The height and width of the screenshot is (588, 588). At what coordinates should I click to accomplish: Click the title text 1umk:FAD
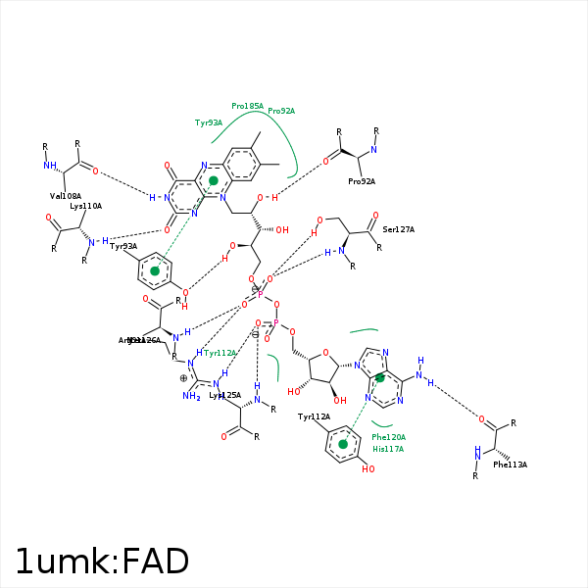(102, 561)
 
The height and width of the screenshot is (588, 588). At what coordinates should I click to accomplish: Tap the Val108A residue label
(66, 196)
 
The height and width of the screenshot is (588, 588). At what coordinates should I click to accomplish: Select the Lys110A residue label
(85, 207)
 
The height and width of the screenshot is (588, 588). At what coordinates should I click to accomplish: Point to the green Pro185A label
(247, 106)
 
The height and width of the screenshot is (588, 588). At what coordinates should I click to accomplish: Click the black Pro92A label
(362, 181)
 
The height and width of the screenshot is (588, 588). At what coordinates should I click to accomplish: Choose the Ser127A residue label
(399, 229)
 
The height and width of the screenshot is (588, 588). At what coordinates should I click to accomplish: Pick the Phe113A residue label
(510, 465)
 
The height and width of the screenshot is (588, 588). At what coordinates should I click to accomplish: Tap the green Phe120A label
(388, 437)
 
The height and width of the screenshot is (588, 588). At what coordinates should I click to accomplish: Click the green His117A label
(388, 449)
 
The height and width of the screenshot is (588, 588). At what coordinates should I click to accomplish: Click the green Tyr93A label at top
(209, 123)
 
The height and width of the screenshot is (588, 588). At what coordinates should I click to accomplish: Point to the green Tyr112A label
(220, 353)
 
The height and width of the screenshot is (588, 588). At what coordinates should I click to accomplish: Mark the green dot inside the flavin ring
(214, 180)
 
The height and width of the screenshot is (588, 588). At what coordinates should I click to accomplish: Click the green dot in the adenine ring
(380, 377)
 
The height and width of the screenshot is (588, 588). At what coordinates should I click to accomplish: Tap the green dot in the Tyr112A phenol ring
(343, 444)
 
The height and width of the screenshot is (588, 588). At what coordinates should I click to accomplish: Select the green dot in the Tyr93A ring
(154, 270)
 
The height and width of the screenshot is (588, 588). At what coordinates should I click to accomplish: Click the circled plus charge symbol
(183, 378)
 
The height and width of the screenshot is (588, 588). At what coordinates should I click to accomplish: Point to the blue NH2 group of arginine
(191, 396)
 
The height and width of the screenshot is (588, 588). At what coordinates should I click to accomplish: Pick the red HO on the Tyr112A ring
(367, 469)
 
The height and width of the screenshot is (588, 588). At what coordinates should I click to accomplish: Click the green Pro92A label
(281, 112)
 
